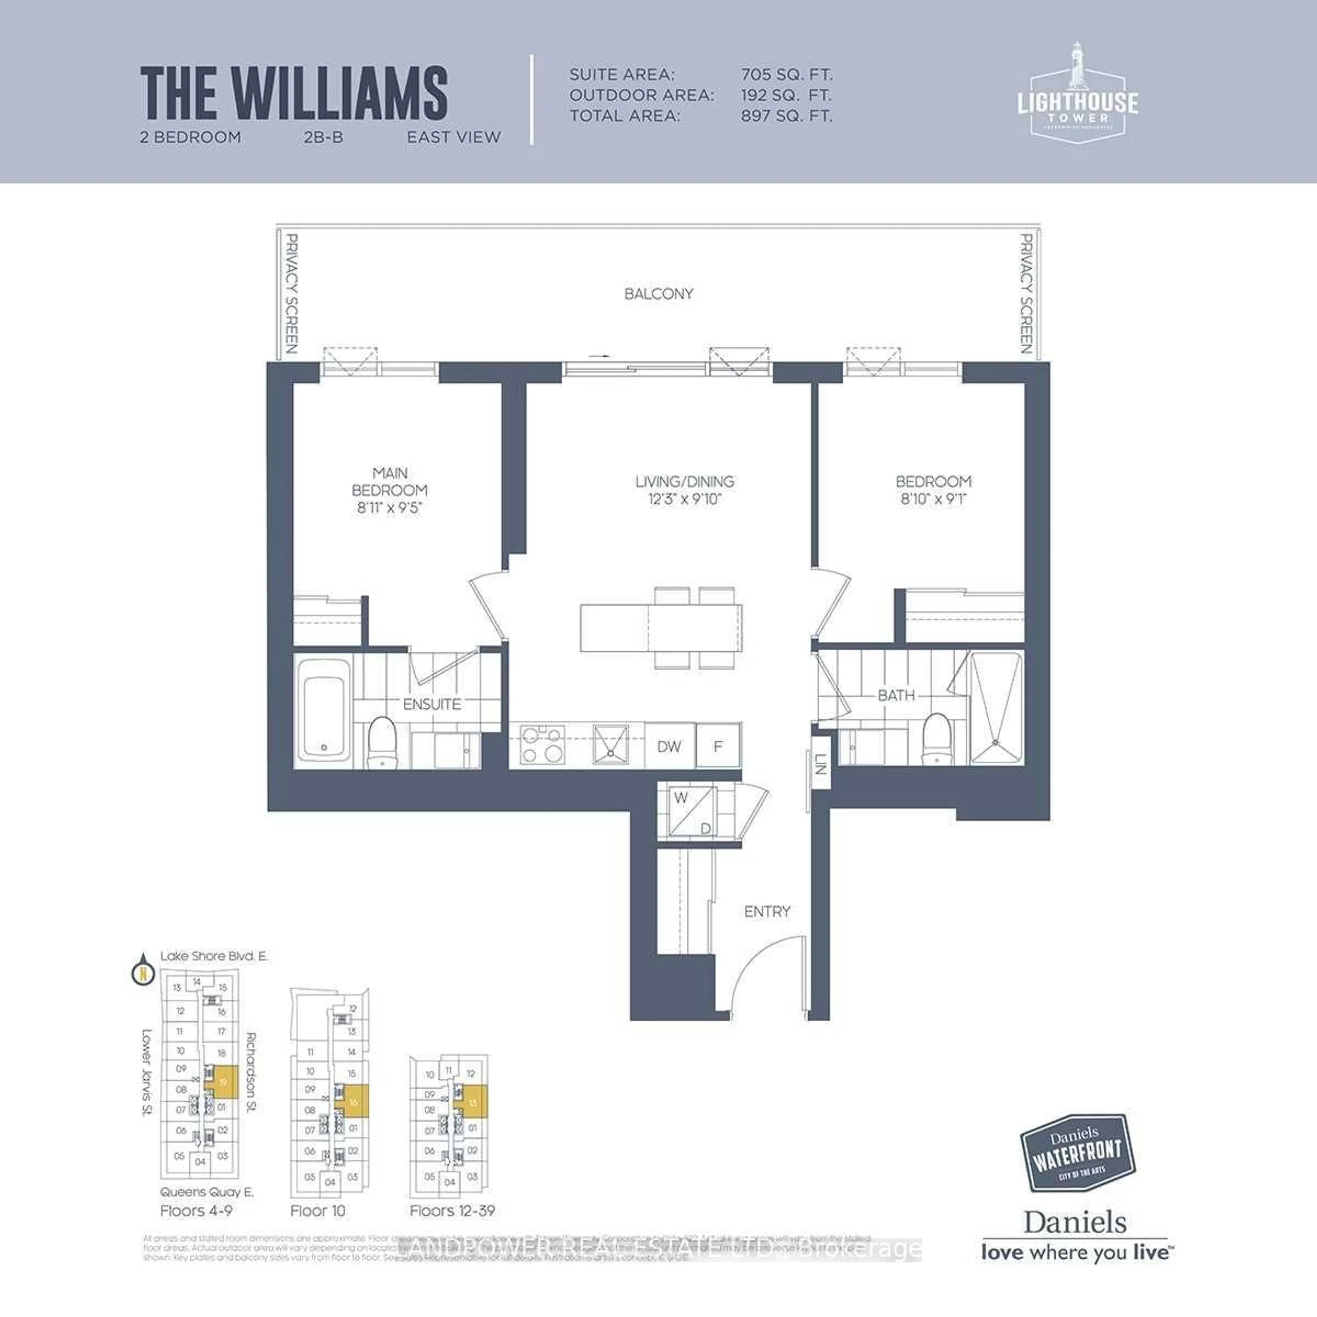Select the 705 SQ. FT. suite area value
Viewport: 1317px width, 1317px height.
click(787, 74)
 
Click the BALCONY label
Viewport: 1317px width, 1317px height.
click(658, 294)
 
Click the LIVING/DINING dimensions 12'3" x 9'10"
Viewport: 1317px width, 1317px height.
click(685, 499)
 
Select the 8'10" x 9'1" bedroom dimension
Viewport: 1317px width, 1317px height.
click(933, 499)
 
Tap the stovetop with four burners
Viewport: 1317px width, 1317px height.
click(542, 744)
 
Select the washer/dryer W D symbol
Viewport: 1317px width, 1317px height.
click(692, 811)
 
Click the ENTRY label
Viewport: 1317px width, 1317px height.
click(767, 911)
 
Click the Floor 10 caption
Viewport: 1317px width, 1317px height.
click(318, 1211)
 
